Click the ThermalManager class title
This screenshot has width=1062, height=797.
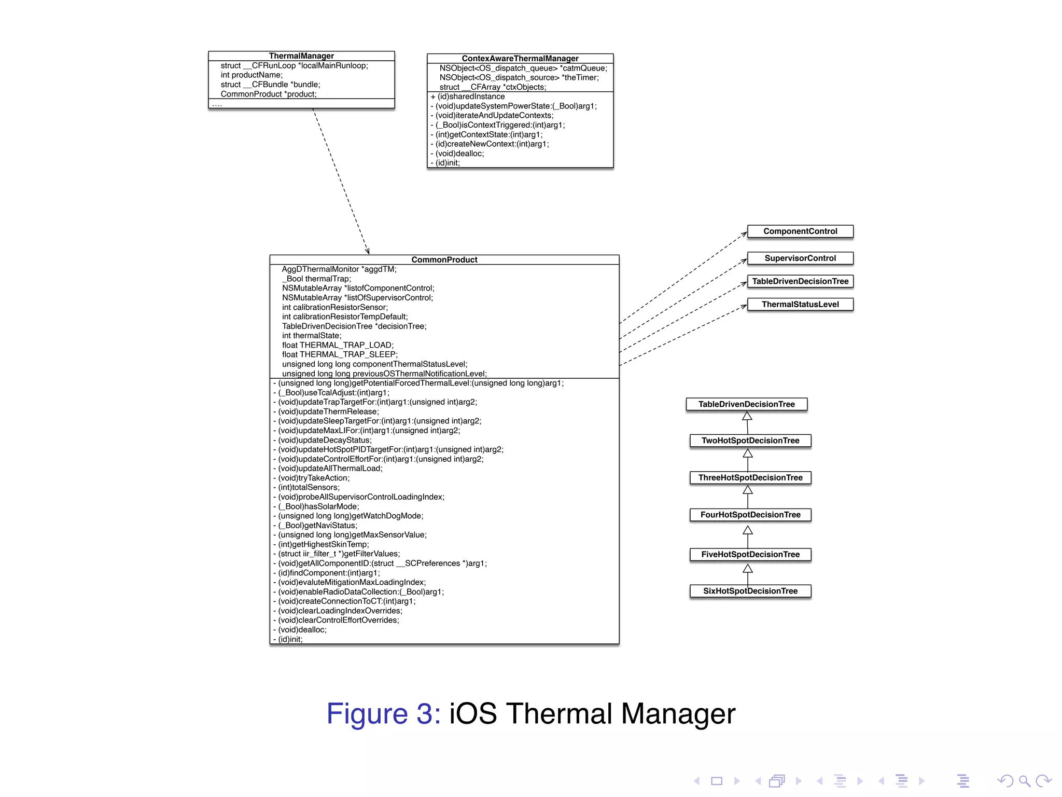coord(301,56)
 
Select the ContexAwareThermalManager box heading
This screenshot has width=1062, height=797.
coord(520,59)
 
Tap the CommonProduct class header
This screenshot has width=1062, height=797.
coord(444,259)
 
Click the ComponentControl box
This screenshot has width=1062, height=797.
coord(800,231)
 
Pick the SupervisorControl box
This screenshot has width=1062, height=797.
coord(800,258)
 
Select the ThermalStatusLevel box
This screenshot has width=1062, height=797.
coord(800,305)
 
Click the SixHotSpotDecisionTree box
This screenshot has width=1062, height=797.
coord(750,591)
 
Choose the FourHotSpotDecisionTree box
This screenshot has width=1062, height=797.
coord(750,515)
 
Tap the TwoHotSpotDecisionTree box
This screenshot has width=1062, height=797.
coord(750,441)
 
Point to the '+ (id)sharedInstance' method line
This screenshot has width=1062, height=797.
coord(468,97)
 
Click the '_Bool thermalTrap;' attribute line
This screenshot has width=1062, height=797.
coord(316,279)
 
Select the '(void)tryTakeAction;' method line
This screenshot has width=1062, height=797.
coord(314,478)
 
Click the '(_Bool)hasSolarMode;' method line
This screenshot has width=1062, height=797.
coord(318,506)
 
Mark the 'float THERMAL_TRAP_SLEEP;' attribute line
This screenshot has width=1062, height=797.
coord(340,354)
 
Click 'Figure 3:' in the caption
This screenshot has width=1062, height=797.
coord(383,713)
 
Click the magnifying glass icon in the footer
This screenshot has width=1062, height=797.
coord(1025,781)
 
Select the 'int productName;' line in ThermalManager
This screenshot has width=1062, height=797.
coord(251,75)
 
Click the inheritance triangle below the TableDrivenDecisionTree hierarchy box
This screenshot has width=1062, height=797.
coord(747,416)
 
